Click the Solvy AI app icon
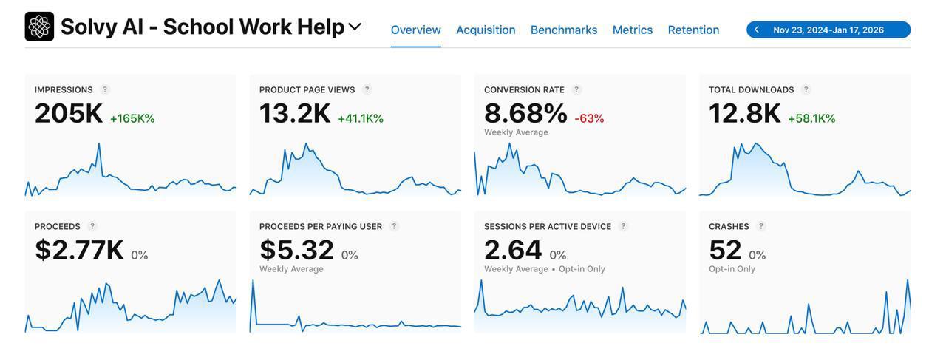39,27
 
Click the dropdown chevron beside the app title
355,27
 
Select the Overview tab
415,30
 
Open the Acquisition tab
486,30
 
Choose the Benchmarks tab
564,30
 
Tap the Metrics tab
633,30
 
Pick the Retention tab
693,30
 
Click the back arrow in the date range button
757,30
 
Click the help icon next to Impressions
105,89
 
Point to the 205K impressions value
69,114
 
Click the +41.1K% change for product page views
361,118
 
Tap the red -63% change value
589,118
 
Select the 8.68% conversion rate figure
525,114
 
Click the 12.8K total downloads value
744,114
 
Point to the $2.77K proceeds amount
79,251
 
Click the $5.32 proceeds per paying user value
296,251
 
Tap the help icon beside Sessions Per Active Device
623,226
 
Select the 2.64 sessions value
513,251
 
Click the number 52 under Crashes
725,251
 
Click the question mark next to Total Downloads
806,89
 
